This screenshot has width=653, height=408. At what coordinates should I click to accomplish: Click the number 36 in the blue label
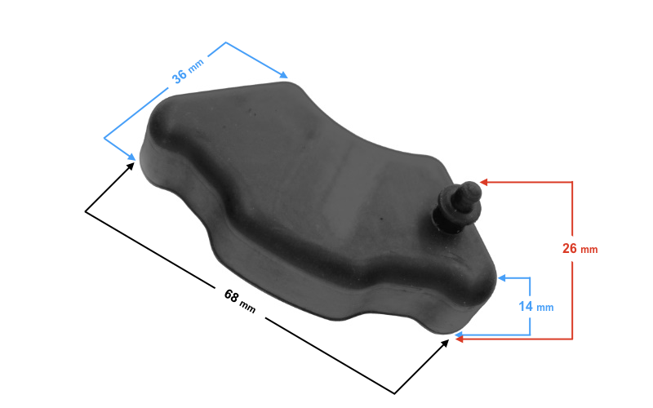(179, 76)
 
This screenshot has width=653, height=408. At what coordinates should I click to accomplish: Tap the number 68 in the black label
(232, 296)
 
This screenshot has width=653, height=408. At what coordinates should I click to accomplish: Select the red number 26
(569, 248)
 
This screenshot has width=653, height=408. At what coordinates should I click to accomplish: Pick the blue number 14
(526, 307)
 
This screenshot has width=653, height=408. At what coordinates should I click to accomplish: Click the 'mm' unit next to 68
(247, 308)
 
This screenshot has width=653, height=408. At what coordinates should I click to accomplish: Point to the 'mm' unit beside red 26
(589, 250)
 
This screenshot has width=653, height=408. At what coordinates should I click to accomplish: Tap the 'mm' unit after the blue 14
(544, 308)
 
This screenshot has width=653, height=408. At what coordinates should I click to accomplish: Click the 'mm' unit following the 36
(196, 65)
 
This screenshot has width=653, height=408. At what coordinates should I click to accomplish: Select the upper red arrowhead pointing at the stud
(483, 182)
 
